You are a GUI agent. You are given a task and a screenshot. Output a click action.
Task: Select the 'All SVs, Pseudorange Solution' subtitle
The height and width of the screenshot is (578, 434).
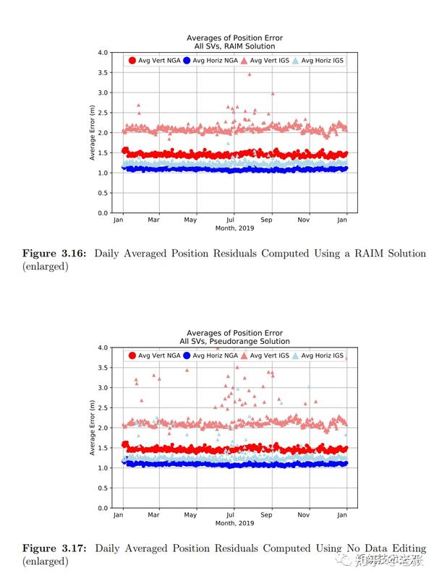click(234, 341)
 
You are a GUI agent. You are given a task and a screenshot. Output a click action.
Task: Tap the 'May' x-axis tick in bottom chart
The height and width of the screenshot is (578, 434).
click(191, 514)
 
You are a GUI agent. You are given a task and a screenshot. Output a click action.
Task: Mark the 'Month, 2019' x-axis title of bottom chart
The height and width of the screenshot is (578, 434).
click(234, 522)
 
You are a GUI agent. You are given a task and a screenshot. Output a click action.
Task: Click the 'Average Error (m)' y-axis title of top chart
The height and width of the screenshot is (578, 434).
click(92, 133)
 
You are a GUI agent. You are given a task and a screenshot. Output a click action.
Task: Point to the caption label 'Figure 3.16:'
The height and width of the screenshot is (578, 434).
click(51, 254)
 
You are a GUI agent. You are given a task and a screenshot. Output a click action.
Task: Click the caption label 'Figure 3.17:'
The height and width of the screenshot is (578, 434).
click(51, 549)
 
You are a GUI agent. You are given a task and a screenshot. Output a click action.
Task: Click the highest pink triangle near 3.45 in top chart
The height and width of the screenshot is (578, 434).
click(250, 74)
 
